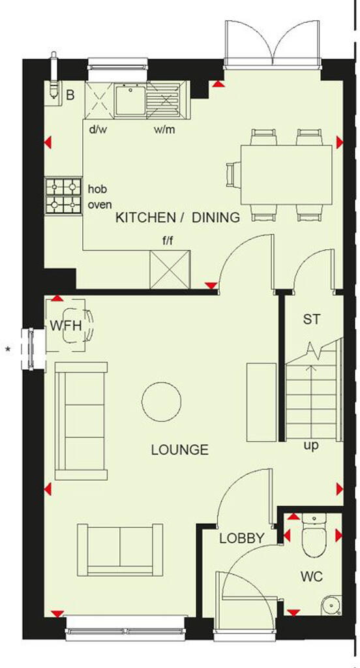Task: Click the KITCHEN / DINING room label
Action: pyautogui.click(x=177, y=218)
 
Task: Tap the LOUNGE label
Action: pyautogui.click(x=179, y=449)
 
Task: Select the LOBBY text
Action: pyautogui.click(x=241, y=539)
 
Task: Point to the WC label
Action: pyautogui.click(x=311, y=578)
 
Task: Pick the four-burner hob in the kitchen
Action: pyautogui.click(x=63, y=196)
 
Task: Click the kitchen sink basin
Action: pyautogui.click(x=130, y=101)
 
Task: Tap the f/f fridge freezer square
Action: pyautogui.click(x=170, y=269)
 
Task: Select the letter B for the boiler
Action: pyautogui.click(x=70, y=95)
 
